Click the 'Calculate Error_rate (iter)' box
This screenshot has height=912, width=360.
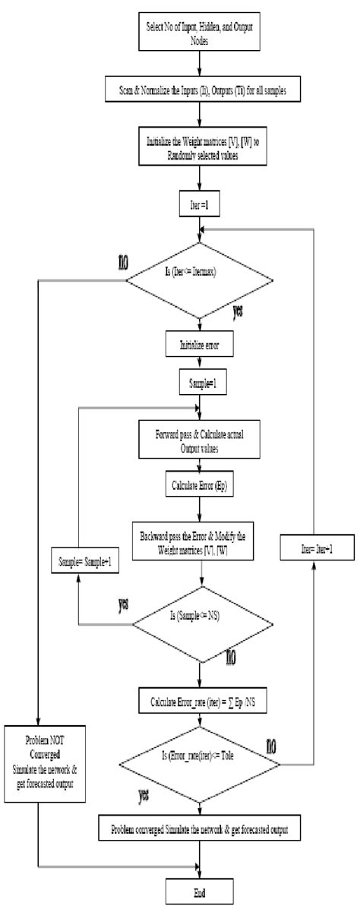coord(198,697)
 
